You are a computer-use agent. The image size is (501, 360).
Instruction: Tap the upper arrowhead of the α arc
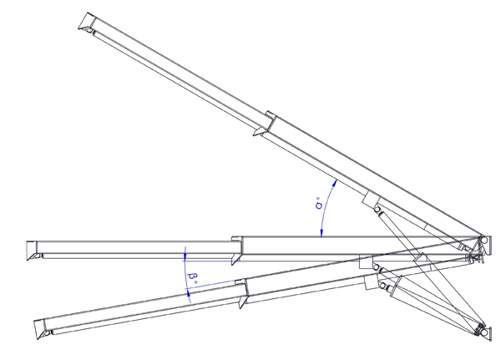334,182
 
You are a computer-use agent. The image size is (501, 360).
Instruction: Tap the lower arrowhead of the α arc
321,235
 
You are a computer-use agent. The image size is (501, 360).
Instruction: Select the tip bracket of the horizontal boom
33,248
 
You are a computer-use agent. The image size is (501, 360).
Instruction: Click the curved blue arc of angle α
326,209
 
